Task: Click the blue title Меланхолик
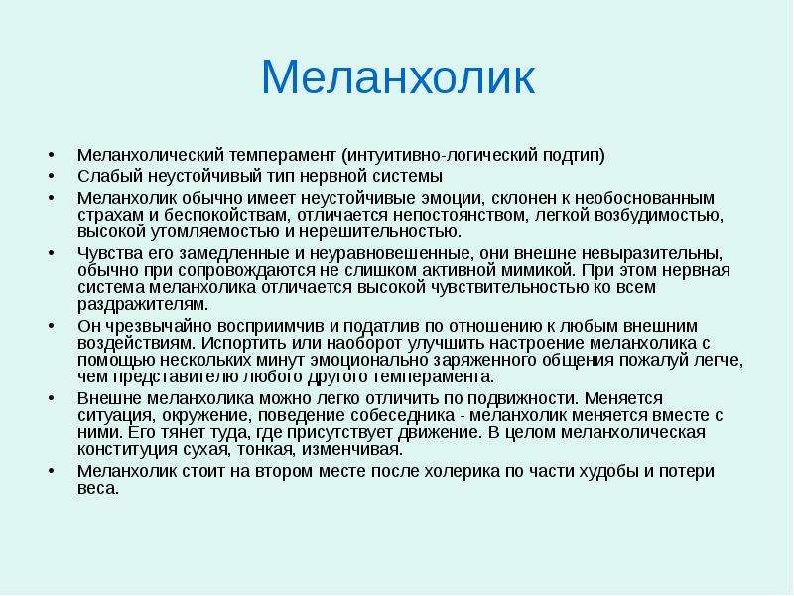point(398,77)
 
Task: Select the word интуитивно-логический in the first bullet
point(440,155)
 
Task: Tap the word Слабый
point(110,176)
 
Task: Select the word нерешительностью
point(380,232)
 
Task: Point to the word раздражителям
point(143,305)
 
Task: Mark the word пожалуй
point(662,361)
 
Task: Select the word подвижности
point(524,398)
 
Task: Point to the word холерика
point(462,471)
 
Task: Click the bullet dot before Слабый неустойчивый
point(51,177)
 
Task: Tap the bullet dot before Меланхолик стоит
point(51,471)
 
